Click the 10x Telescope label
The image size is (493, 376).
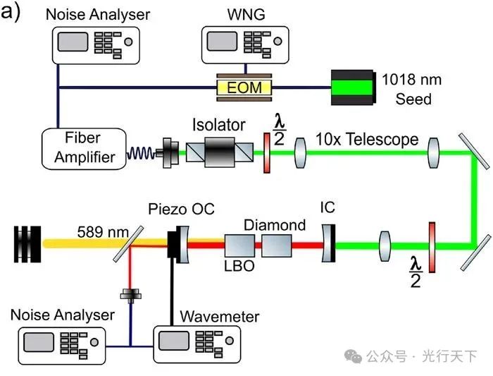point(367,139)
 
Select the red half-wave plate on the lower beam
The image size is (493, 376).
point(432,244)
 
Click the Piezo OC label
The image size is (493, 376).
point(181,210)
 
